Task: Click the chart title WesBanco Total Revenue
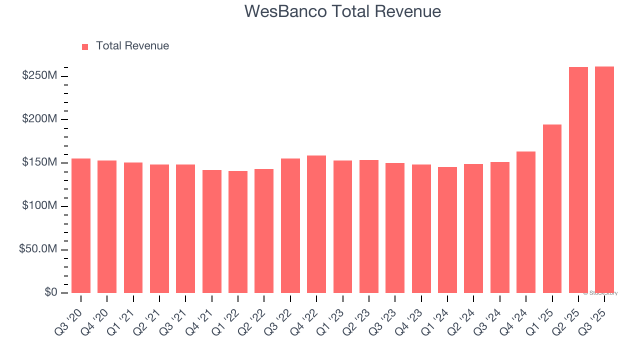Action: tap(342, 11)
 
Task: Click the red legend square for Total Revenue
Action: tap(85, 46)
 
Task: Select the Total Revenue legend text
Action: tap(132, 46)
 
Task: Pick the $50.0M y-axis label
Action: tap(38, 249)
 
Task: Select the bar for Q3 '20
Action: tap(81, 225)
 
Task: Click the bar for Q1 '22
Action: tap(238, 232)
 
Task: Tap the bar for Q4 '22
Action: tap(316, 224)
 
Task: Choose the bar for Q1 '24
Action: tap(447, 230)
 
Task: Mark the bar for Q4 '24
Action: tap(526, 222)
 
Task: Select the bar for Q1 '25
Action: tap(552, 208)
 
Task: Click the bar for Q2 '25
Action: tap(578, 180)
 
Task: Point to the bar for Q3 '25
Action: tap(604, 179)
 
